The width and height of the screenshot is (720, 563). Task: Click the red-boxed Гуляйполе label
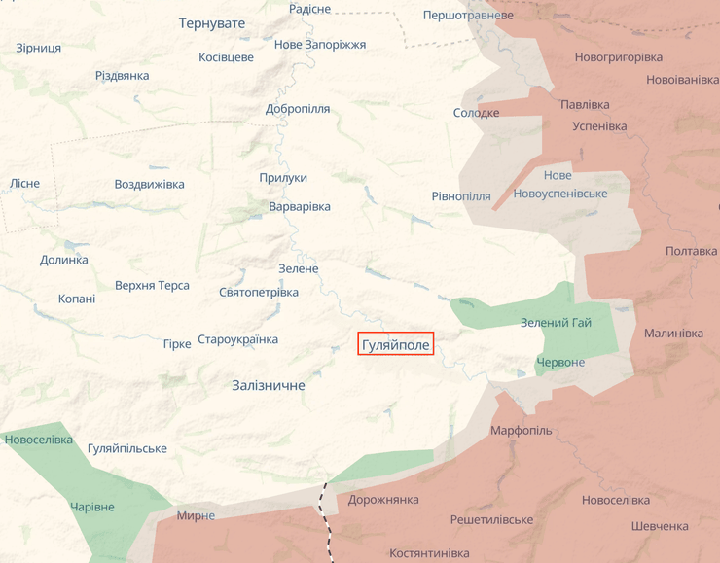click(395, 345)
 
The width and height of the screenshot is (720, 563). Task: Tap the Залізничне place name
click(269, 386)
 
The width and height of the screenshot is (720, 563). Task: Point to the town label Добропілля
click(298, 109)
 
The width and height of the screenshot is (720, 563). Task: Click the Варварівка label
click(300, 207)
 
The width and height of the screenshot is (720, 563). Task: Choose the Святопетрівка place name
click(259, 292)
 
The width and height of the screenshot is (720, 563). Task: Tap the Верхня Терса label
click(152, 286)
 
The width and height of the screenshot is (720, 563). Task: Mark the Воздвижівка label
click(149, 185)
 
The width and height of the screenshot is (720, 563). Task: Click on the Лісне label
click(25, 184)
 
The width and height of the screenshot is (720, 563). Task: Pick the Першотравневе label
click(468, 16)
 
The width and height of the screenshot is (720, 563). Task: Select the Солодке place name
click(476, 113)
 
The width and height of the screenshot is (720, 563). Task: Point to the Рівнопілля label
click(461, 196)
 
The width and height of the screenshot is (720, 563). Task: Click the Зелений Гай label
click(556, 323)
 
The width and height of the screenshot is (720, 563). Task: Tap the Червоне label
click(560, 363)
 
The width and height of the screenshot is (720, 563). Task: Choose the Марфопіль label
click(521, 431)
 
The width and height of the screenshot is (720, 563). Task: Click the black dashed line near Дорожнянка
click(326, 510)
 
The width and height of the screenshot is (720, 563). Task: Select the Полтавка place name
click(691, 251)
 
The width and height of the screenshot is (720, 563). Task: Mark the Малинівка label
click(673, 334)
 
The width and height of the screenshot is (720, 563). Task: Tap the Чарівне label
click(92, 508)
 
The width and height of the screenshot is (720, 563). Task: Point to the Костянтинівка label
click(429, 553)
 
